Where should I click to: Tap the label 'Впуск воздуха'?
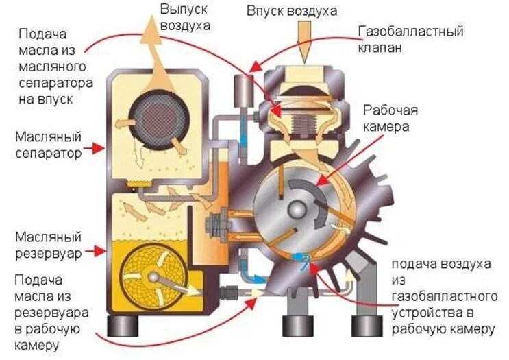coord(302,12)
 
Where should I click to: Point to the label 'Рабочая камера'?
coord(390,118)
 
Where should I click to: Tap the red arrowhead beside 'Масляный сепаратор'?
coord(101,145)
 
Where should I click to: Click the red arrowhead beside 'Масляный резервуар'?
coord(101,251)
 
